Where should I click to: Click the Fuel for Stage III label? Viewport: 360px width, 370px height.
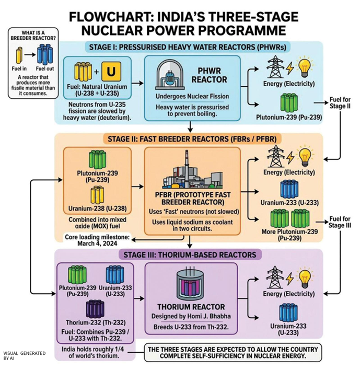pyautogui.click(x=340, y=221)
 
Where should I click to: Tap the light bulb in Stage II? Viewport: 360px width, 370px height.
pyautogui.click(x=306, y=156)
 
